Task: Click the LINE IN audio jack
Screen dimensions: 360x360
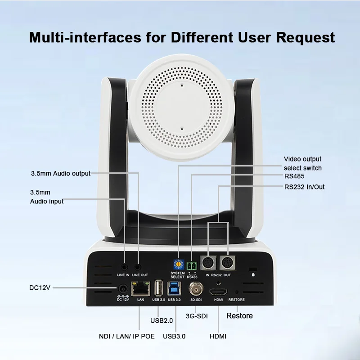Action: coord(124,267)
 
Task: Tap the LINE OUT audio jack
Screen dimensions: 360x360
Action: coord(138,267)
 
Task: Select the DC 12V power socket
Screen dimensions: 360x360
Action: coord(122,289)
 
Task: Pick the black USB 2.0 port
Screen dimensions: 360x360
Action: coord(158,288)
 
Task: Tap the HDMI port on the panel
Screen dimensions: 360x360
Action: coord(218,291)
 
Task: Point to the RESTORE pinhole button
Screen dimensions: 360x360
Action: coord(236,292)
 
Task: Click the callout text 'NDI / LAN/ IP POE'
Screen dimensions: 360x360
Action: coord(127,336)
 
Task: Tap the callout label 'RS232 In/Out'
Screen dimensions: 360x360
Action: coord(305,187)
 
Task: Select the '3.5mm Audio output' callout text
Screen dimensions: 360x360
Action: coord(61,173)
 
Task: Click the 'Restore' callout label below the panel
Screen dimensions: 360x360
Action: coord(239,316)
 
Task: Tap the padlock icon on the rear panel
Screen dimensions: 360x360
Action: coord(254,273)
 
